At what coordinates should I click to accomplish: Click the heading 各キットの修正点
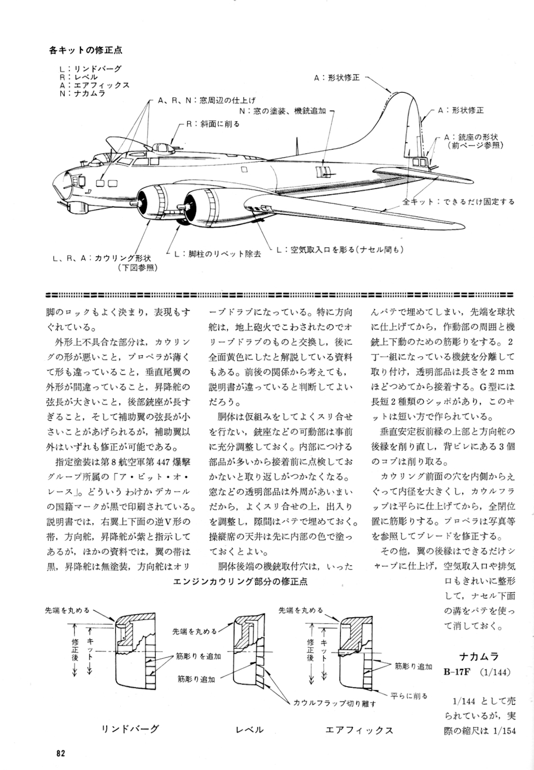[85, 50]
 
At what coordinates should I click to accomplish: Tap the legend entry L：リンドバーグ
[89, 69]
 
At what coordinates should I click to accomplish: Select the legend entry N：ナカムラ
[82, 93]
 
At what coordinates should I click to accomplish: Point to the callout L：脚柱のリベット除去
[217, 254]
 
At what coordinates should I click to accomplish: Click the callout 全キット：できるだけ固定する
[459, 201]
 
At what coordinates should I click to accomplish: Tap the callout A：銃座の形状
[472, 137]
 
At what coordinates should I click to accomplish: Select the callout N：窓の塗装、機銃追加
[282, 111]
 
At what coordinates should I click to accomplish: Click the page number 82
[61, 754]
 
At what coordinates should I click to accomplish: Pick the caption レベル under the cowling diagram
[249, 730]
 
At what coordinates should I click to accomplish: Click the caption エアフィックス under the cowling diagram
[359, 730]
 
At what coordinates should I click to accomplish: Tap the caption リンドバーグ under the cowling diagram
[130, 729]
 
